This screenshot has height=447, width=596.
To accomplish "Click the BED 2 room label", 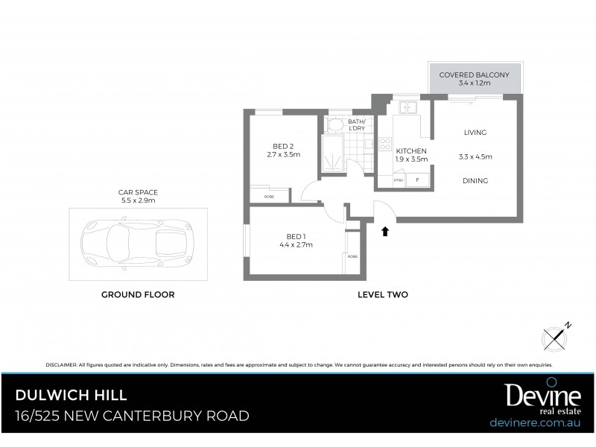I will point(282,146).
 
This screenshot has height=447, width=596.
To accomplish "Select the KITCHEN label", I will point(410,151).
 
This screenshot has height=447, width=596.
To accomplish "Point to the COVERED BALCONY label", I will point(474,75).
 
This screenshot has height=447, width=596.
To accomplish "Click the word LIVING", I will point(475,133).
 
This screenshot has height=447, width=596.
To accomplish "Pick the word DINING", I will point(475,180).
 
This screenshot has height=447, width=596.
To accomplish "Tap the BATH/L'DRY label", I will point(356,124).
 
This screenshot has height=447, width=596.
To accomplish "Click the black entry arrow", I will point(385,231).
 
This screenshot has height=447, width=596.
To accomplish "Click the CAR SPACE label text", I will point(139,192).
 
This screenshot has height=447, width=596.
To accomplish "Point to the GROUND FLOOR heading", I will point(138,295).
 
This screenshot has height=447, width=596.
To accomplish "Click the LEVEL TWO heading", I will point(383,295).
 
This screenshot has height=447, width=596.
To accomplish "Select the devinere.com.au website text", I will point(535,422).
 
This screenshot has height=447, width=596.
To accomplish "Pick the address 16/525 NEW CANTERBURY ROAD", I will point(133,416).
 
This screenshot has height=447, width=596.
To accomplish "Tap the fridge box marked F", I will point(417,180).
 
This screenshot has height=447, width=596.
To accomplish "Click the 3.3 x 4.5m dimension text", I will point(475,157).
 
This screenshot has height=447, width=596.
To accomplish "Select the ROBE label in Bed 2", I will point(268,196).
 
